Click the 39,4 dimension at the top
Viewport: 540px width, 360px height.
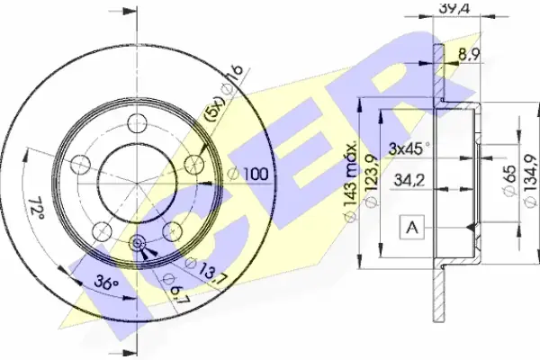tap(454, 7)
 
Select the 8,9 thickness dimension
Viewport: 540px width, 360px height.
tap(469, 54)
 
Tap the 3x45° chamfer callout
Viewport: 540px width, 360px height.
tap(409, 148)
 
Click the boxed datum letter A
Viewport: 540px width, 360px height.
tap(412, 227)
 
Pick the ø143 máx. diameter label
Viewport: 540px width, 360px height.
tap(351, 182)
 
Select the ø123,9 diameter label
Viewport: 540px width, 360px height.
tap(372, 182)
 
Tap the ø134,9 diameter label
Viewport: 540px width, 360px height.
tap(531, 182)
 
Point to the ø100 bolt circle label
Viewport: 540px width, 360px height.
tap(248, 174)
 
